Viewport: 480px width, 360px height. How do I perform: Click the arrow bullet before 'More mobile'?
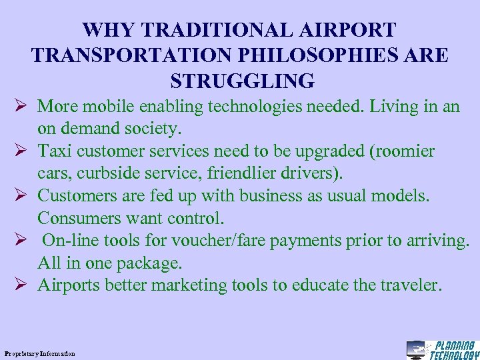(21, 107)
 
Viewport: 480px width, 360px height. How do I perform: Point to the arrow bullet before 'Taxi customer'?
(21, 151)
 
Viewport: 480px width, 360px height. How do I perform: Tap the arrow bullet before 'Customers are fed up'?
(21, 196)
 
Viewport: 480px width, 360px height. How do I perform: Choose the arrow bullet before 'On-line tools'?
(21, 241)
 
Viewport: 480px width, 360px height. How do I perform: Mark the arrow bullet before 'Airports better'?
(21, 285)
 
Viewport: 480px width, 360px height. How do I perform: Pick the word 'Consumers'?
(80, 218)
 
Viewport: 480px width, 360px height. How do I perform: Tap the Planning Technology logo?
(443, 349)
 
